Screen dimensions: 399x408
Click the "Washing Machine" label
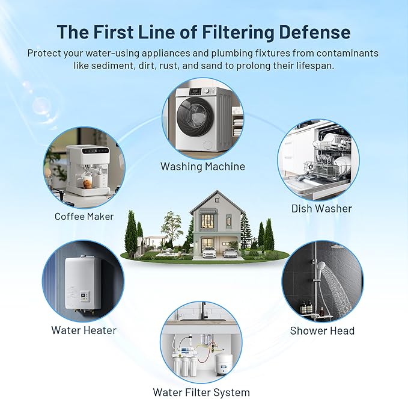pos(202,166)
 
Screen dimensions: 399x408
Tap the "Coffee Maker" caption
pos(84,216)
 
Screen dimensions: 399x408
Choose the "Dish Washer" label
pos(321,208)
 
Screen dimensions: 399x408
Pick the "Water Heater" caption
pos(84,330)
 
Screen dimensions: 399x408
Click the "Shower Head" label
pos(322,330)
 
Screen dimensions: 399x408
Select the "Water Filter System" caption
pos(201,392)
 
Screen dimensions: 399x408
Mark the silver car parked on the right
pos(229,252)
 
